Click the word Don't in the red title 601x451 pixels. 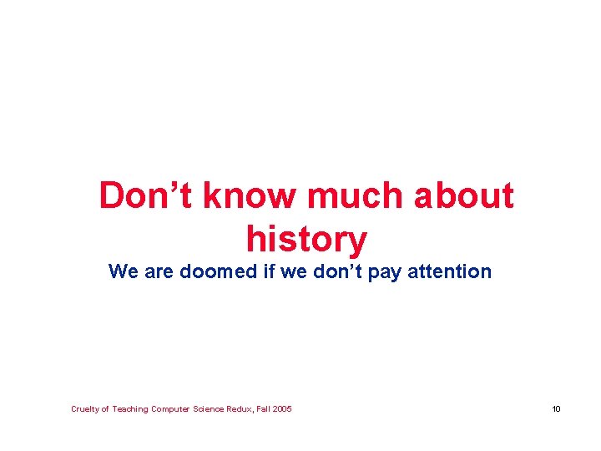tap(147, 196)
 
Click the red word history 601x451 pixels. tap(306, 240)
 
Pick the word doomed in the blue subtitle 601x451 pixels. tap(215, 271)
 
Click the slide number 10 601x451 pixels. tap(556, 408)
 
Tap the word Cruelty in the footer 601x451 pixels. tap(84, 408)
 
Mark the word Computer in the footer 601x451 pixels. tap(170, 408)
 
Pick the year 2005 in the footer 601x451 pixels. tap(282, 408)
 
